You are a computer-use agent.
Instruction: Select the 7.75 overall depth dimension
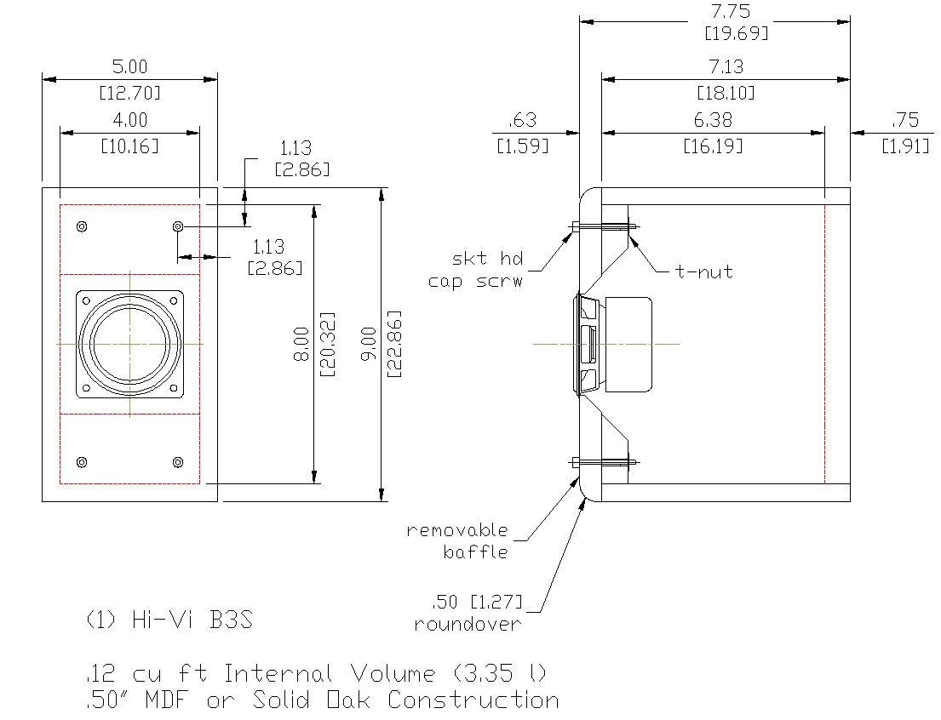[714, 12]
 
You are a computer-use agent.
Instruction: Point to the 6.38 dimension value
[714, 121]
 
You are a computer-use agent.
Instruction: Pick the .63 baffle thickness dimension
[522, 121]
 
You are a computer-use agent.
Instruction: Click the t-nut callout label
[704, 272]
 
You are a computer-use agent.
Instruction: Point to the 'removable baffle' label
[458, 540]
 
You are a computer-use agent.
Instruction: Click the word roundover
[468, 624]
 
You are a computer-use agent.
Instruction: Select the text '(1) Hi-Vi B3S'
[169, 620]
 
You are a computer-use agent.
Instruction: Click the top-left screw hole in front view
[82, 226]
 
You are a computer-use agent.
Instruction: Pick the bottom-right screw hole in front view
[177, 462]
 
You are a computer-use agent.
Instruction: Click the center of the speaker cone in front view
[129, 344]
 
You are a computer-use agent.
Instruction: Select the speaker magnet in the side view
[627, 344]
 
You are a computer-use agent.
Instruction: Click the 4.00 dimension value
[129, 121]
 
